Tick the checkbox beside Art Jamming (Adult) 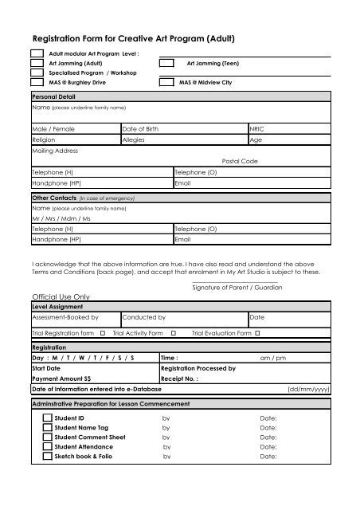pyautogui.click(x=37, y=62)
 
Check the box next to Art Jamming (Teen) pyautogui.click(x=166, y=62)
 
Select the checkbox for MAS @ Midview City pyautogui.click(x=166, y=82)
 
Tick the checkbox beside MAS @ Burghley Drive pyautogui.click(x=37, y=82)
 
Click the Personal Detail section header pyautogui.click(x=53, y=96)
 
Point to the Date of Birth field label pyautogui.click(x=141, y=127)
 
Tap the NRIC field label pyautogui.click(x=258, y=127)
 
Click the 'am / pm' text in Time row pyautogui.click(x=274, y=359)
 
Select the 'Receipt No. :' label pyautogui.click(x=180, y=379)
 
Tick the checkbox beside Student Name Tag pyautogui.click(x=47, y=427)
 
